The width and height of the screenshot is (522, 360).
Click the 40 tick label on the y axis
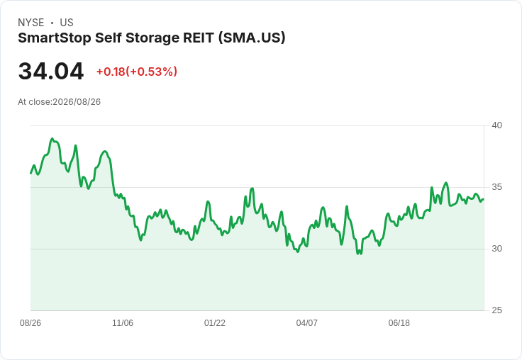coord(496,125)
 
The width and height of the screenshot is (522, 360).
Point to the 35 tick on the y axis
coord(496,187)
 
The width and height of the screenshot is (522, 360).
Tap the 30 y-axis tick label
coord(496,249)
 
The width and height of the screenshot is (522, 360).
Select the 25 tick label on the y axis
coord(496,310)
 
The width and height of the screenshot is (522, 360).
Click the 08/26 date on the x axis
coord(30,322)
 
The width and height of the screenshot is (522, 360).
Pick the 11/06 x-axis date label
coord(123,322)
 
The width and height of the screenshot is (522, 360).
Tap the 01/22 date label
coord(215,322)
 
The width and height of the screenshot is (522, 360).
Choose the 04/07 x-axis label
coord(306,322)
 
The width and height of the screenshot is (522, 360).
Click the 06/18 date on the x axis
coord(399,322)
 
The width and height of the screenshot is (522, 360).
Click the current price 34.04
coord(51,71)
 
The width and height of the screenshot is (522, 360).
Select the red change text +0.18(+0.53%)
coord(137,72)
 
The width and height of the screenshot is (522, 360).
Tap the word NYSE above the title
coord(31,23)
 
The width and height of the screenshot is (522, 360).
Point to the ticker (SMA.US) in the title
coord(252,38)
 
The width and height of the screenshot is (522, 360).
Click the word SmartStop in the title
coord(55,38)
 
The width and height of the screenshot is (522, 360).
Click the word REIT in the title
coord(198,38)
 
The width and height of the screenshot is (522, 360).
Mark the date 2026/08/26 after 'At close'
coord(77,102)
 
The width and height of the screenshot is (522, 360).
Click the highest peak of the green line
coord(52,138)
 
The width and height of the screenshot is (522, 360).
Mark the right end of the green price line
coord(484,199)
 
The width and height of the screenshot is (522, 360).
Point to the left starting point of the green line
coord(30,173)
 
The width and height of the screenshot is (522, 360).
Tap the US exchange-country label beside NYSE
coord(67,23)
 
